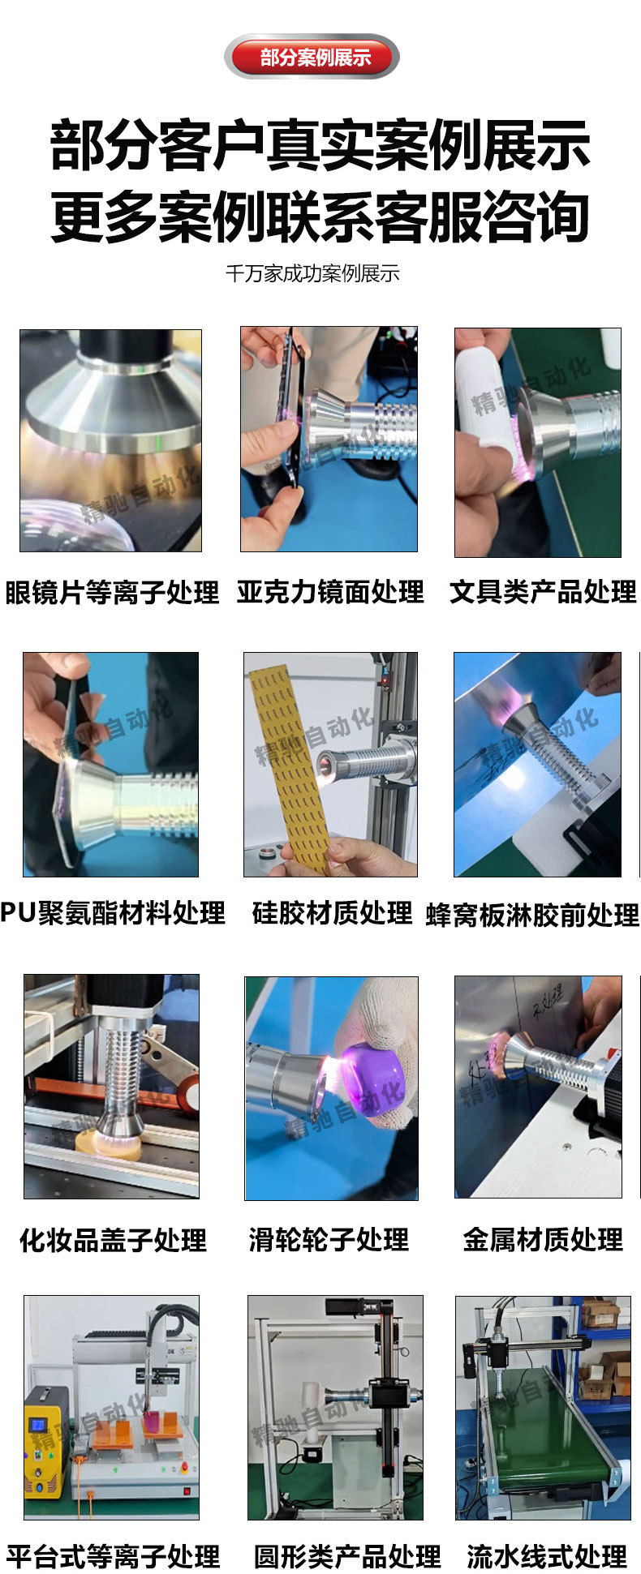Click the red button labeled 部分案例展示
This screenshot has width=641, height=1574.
pos(312,57)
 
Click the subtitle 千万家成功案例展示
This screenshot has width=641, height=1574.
pos(312,273)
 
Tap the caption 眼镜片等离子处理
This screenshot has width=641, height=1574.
pos(112,593)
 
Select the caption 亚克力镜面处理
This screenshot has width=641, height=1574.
pos(330,592)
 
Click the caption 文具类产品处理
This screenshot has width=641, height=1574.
pos(543,592)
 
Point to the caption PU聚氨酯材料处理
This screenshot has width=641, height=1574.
pos(113,913)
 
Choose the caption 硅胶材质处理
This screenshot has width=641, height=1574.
pos(332,913)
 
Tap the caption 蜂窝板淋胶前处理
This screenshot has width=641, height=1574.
pos(532,915)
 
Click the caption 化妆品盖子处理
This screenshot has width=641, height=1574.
pos(113,1240)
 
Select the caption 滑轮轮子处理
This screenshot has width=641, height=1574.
pos(329,1240)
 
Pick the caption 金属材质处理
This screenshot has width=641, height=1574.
pos(542,1239)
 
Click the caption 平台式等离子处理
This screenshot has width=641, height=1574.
pos(113,1556)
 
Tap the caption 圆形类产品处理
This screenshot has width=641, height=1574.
pos(346,1556)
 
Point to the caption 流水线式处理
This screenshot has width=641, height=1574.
pos(546,1556)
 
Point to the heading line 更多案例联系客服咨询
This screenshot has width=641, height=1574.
pos(320,217)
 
